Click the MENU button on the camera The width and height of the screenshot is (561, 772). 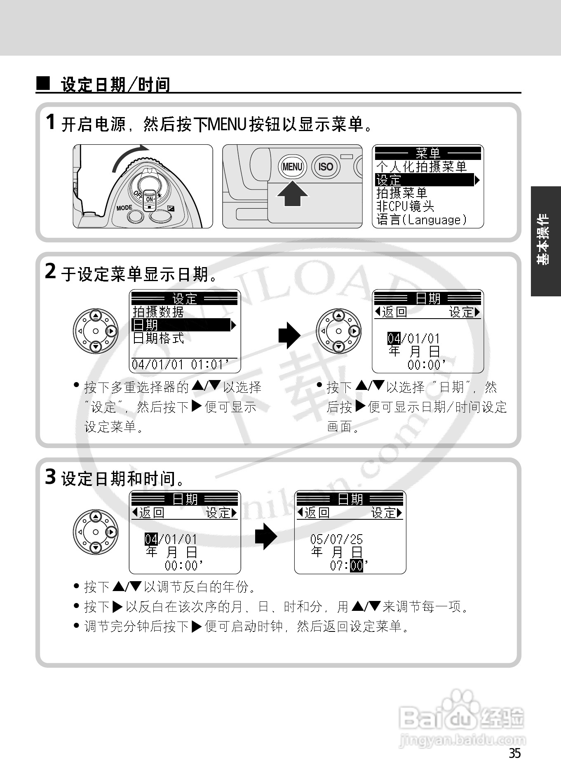(x=292, y=167)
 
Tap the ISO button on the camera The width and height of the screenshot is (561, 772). (x=325, y=167)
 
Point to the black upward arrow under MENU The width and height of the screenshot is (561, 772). (x=292, y=194)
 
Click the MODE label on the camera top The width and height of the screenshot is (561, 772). (x=124, y=208)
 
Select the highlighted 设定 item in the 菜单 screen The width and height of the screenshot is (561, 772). (x=425, y=180)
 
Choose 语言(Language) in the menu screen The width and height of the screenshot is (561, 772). (x=421, y=220)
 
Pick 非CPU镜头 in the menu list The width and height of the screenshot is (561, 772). (x=405, y=206)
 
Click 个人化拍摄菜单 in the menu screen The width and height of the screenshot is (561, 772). (x=421, y=167)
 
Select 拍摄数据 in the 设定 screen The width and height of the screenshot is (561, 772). (x=158, y=312)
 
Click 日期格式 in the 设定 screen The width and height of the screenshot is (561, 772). (x=158, y=338)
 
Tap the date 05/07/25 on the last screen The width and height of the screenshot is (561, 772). (x=336, y=539)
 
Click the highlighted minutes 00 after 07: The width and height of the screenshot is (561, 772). (x=357, y=566)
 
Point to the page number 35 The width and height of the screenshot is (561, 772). (x=514, y=753)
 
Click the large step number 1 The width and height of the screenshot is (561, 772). (x=50, y=122)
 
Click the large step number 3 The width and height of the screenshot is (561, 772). (x=50, y=477)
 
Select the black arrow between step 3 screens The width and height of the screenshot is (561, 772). (x=266, y=537)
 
